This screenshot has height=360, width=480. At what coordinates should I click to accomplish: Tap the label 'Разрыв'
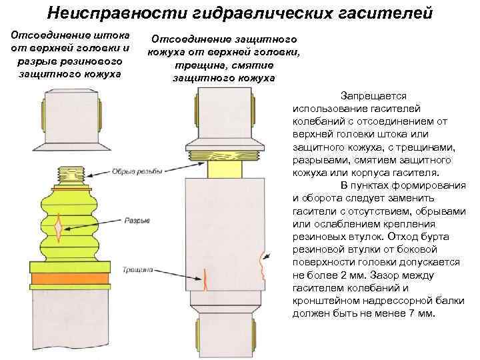[137, 221]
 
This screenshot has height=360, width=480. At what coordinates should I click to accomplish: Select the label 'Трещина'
[137, 270]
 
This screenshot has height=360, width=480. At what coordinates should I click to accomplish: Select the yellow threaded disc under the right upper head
[224, 156]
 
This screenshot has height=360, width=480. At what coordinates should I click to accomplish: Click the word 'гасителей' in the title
[385, 12]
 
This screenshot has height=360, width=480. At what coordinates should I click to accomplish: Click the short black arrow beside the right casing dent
[270, 254]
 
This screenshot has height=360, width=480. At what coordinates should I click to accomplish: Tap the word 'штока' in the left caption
[112, 33]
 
